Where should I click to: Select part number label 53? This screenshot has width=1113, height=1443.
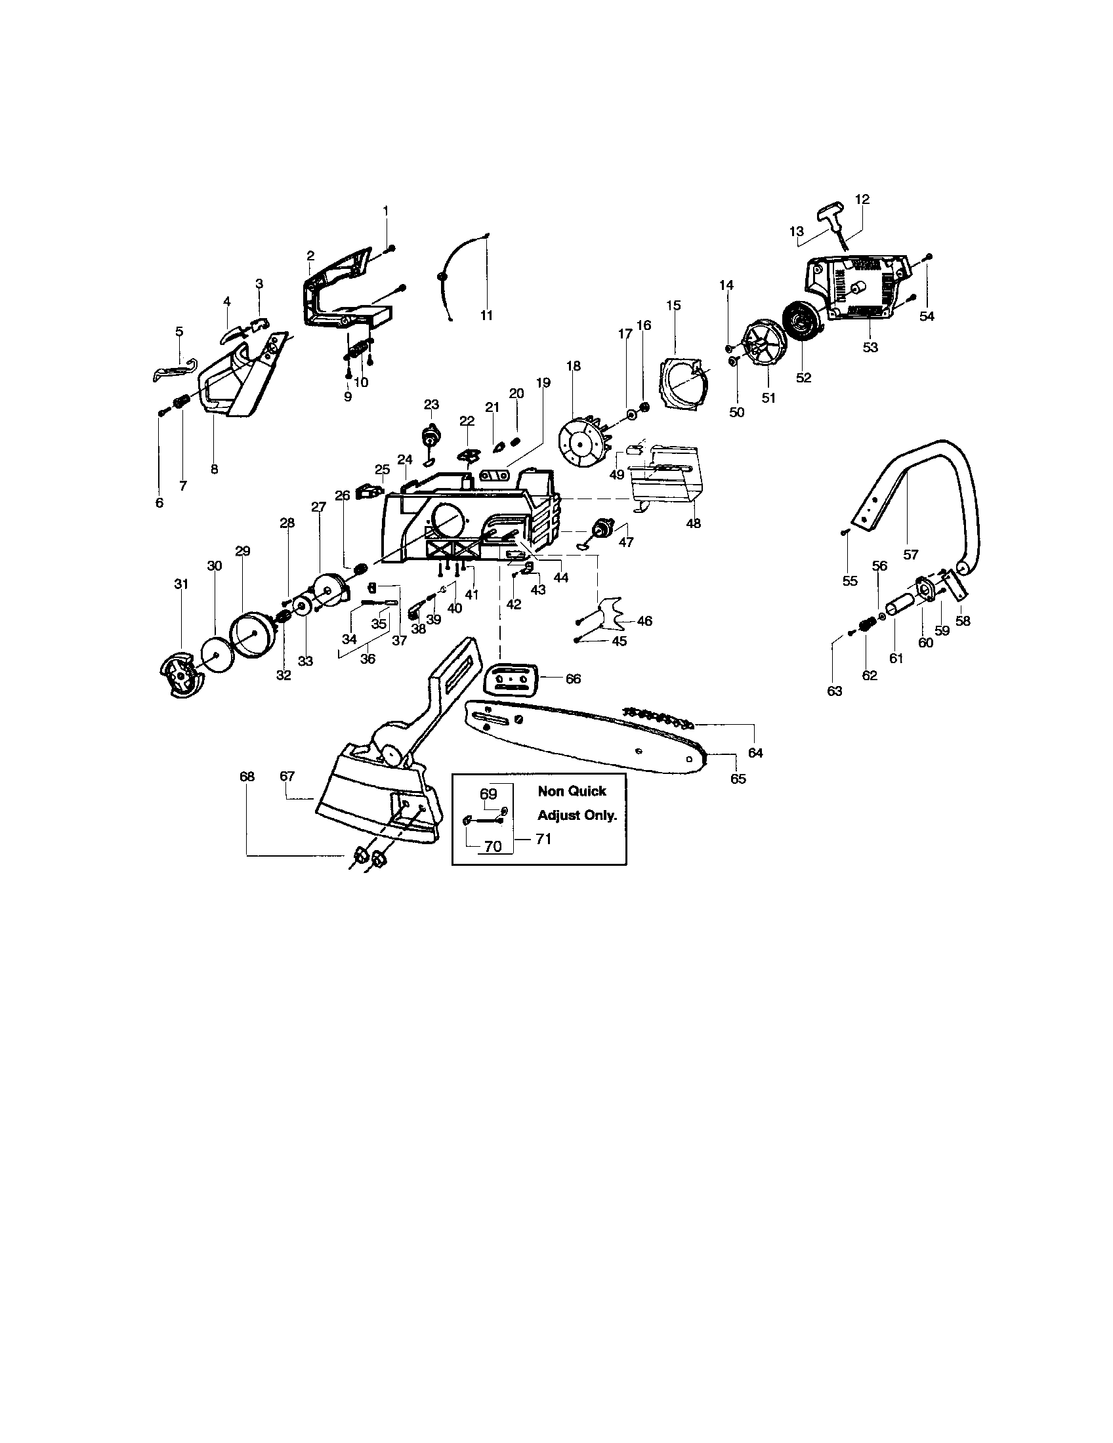pyautogui.click(x=870, y=347)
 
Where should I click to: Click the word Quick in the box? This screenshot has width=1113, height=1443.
pyautogui.click(x=589, y=791)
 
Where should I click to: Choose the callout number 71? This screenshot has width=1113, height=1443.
pyautogui.click(x=543, y=839)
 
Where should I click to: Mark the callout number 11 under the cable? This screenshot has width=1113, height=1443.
pyautogui.click(x=486, y=316)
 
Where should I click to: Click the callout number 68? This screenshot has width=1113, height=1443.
pyautogui.click(x=247, y=777)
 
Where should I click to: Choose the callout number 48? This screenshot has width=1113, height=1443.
pyautogui.click(x=692, y=523)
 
